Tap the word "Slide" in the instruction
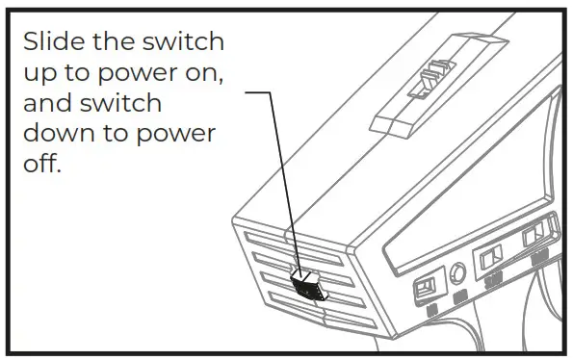(x=54, y=43)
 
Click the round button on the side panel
(x=457, y=272)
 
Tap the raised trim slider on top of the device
(x=424, y=78)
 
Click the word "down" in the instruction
(x=60, y=134)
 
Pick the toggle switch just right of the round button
(x=491, y=257)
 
